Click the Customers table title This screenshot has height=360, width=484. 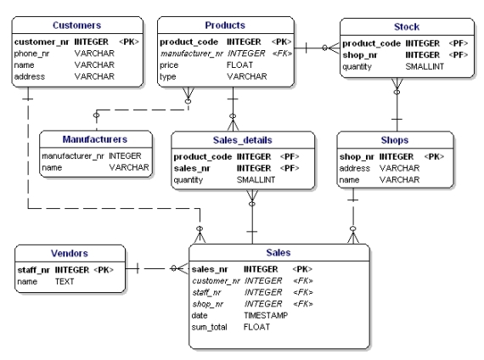coord(76,25)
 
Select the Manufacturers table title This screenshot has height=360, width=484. coord(95,139)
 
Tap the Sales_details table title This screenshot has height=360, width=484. coord(243,140)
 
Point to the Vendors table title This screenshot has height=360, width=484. coord(70,253)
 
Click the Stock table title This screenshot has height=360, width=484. coord(407,27)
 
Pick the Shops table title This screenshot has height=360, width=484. coord(395,140)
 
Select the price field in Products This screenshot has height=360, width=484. coord(169,65)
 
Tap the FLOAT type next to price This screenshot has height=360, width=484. coord(239,65)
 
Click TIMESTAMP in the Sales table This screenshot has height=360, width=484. coord(266,315)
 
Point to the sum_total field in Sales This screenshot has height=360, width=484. coord(209,327)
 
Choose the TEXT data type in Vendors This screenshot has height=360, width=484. coord(65,282)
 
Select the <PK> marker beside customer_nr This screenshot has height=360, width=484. coord(129,42)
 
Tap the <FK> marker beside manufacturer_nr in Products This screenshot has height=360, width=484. coord(282,53)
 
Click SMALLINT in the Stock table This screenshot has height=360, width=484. coord(425,66)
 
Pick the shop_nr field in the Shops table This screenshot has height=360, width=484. coord(357,157)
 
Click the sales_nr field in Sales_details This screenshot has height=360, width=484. coord(192,168)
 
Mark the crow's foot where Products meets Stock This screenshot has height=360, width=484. coord(334,48)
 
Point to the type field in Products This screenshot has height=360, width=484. coord(167,77)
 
